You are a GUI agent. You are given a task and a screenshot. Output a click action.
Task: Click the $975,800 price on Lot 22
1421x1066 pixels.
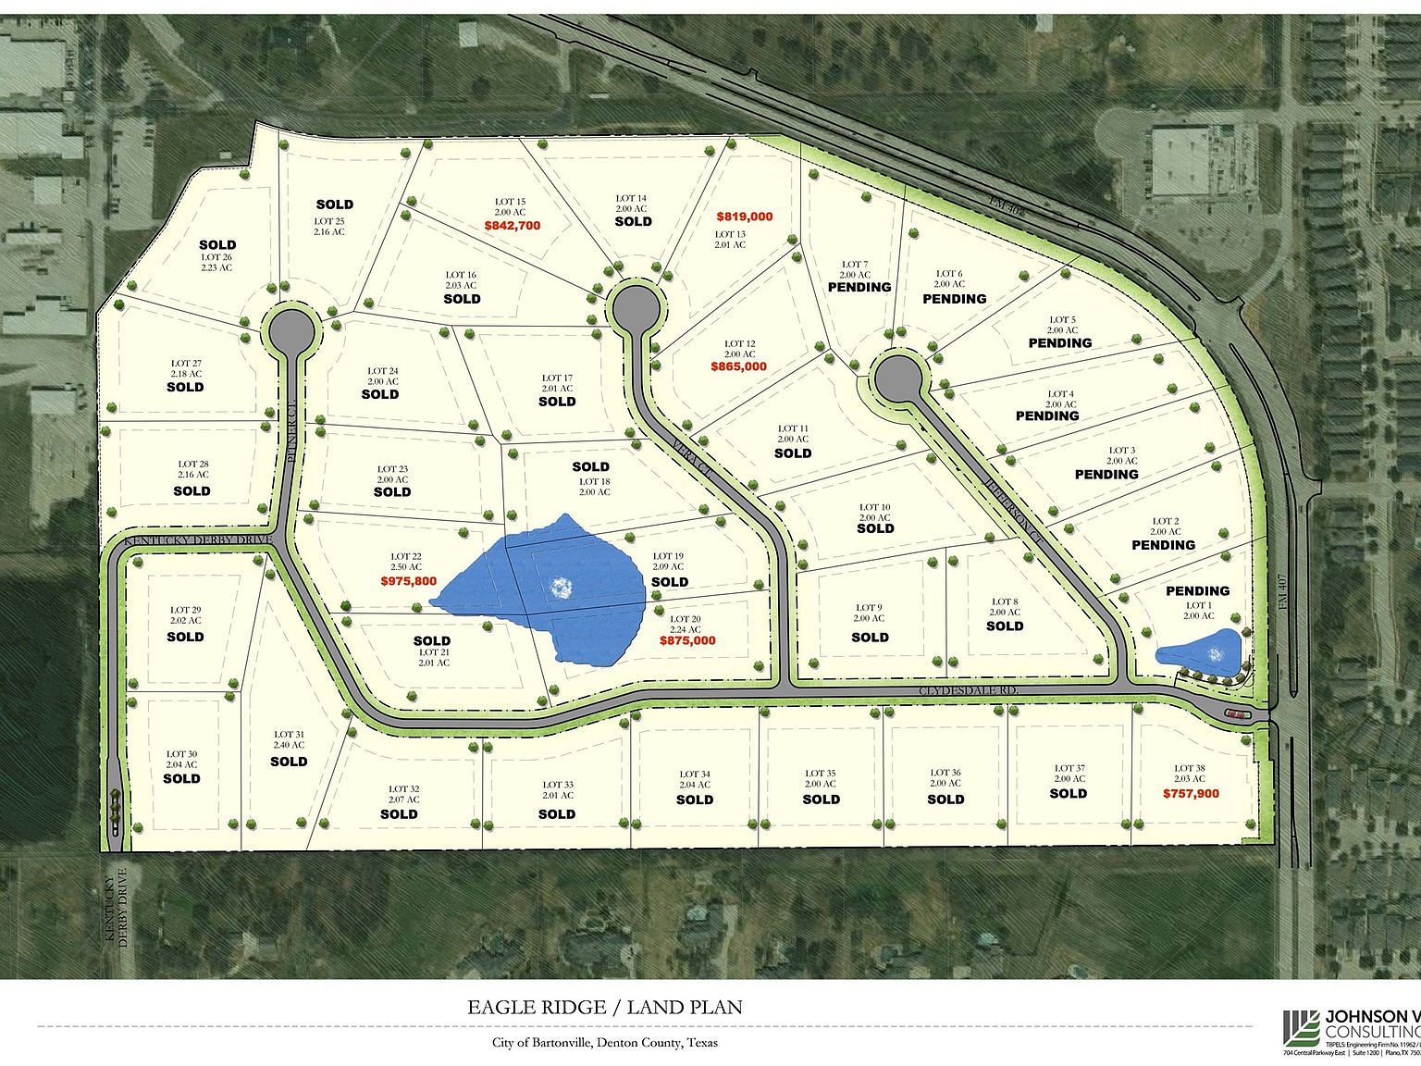408,581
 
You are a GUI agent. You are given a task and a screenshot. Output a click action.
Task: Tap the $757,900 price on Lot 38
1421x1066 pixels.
1191,793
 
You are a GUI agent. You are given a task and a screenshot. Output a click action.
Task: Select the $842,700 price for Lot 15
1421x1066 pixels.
512,225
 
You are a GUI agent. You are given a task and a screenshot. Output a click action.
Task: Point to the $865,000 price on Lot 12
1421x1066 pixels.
739,366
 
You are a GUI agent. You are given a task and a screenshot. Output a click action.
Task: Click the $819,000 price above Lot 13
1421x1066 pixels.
744,217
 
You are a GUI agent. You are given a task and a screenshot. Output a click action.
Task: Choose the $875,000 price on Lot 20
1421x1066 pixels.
687,640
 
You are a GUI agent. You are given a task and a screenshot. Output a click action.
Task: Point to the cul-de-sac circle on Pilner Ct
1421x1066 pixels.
290,328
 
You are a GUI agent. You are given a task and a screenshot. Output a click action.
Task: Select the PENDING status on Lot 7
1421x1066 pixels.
859,287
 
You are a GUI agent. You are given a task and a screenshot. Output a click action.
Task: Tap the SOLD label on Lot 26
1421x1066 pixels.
217,245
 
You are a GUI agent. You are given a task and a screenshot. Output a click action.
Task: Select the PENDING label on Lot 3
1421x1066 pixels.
1106,474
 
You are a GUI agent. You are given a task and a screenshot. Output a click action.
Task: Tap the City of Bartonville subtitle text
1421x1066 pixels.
604,1042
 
